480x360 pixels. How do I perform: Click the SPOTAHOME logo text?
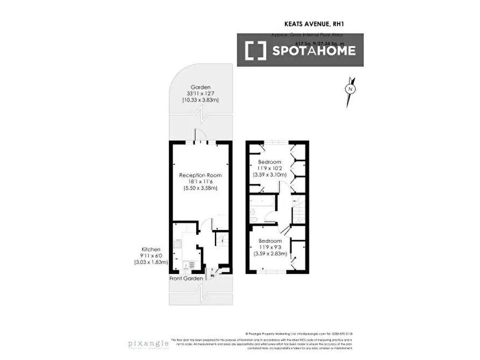pyautogui.click(x=314, y=51)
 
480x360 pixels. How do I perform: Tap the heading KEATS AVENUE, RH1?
pyautogui.click(x=314, y=24)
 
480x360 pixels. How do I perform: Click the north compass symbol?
pyautogui.click(x=350, y=89)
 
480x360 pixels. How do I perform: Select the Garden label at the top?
pyautogui.click(x=200, y=87)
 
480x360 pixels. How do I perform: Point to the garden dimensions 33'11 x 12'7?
pyautogui.click(x=200, y=94)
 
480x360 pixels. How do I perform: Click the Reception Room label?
pyautogui.click(x=200, y=175)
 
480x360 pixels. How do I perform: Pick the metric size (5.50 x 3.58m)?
pyautogui.click(x=200, y=188)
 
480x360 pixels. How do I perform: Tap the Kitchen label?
pyautogui.click(x=151, y=250)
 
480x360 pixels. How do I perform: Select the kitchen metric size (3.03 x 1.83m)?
pyautogui.click(x=151, y=262)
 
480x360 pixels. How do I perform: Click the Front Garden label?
pyautogui.click(x=187, y=278)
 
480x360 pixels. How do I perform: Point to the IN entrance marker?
pyautogui.click(x=212, y=275)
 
